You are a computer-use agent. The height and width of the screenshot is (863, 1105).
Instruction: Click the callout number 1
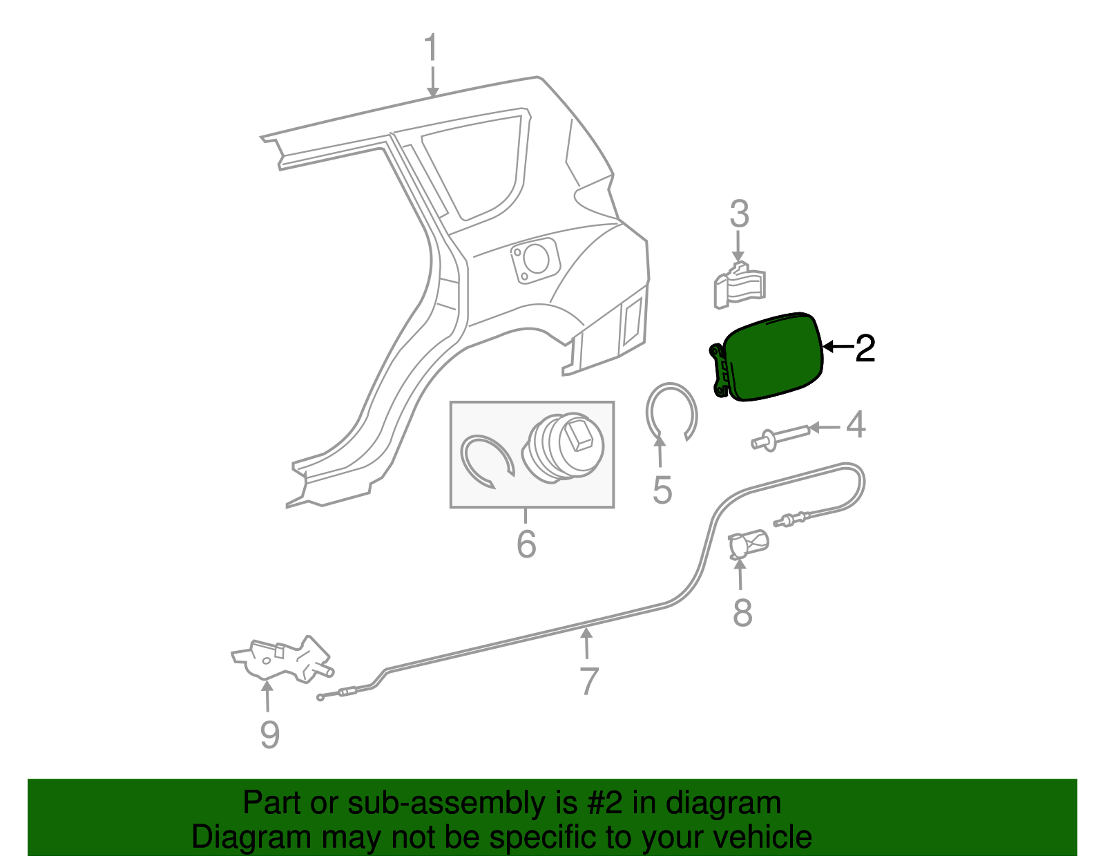(x=431, y=49)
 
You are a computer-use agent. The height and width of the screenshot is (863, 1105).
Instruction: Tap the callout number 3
(x=739, y=215)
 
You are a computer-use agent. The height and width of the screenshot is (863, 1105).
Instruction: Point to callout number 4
(x=856, y=425)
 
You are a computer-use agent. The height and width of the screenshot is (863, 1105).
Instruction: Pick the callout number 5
(x=662, y=490)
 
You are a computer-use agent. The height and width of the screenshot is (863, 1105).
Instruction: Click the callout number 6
(x=526, y=544)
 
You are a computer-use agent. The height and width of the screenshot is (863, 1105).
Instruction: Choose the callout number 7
(x=588, y=681)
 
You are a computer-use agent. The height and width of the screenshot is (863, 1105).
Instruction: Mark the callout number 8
(x=742, y=612)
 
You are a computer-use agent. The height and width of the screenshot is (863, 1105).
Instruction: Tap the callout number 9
(x=269, y=734)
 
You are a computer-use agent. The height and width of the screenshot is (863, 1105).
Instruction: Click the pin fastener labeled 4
(x=779, y=437)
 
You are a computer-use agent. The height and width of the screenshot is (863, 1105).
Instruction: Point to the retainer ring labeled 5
(x=671, y=412)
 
